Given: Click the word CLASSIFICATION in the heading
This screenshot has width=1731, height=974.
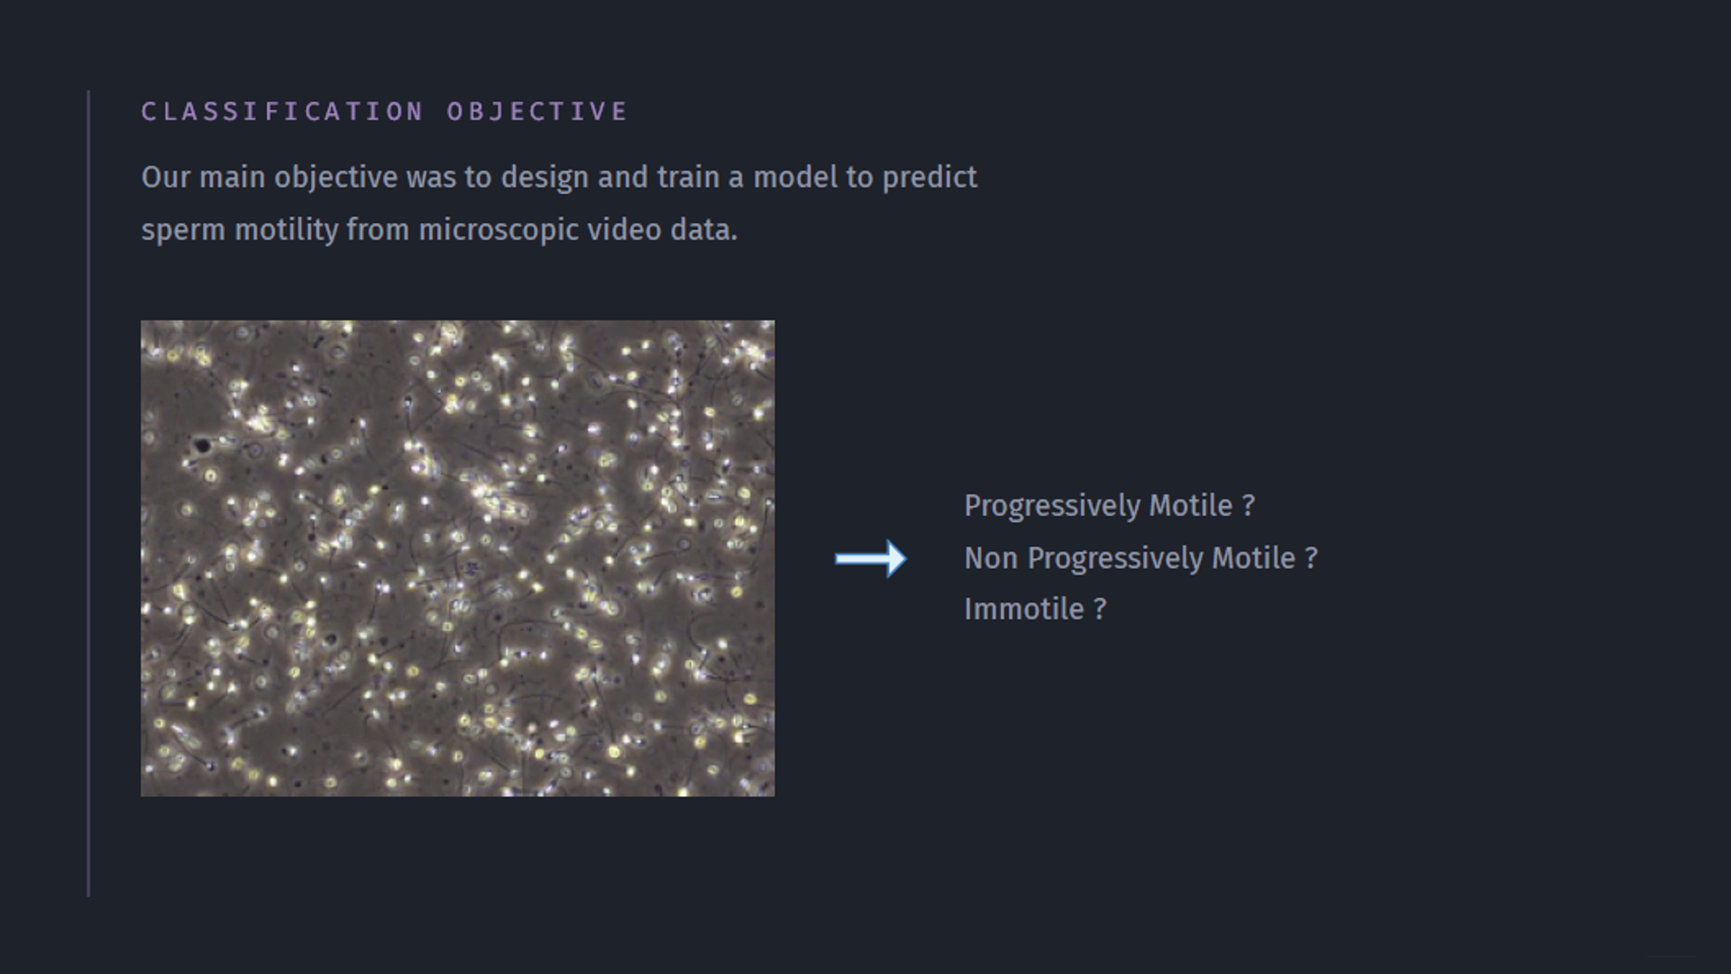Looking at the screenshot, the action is coord(282,111).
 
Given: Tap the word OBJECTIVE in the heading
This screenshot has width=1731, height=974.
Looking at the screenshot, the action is coord(537,111).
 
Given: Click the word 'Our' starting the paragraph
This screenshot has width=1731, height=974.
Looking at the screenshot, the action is coord(166,177).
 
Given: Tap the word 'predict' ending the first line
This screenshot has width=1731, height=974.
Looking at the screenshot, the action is coord(930,178).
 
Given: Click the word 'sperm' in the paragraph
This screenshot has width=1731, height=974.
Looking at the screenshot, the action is coord(183,231).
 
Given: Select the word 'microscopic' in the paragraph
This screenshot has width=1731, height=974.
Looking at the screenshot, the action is coord(499,231).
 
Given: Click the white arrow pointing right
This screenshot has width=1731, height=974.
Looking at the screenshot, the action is coord(871,559).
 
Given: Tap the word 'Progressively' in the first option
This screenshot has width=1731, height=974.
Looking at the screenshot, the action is coord(1053,507).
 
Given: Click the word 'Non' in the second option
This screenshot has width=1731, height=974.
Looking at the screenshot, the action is coord(992,558).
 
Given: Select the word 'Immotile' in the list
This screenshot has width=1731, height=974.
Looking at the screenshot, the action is coord(1024,609).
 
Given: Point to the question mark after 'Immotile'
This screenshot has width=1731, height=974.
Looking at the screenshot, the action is coord(1100,610).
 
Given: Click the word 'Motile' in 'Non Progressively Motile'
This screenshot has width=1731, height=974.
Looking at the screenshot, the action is coord(1253,558).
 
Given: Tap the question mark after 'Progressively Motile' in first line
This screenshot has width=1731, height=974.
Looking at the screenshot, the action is coord(1249,506).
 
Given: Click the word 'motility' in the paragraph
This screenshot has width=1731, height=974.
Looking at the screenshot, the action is coord(287,231).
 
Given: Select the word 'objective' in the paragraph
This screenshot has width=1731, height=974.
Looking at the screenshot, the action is coord(336,178).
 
